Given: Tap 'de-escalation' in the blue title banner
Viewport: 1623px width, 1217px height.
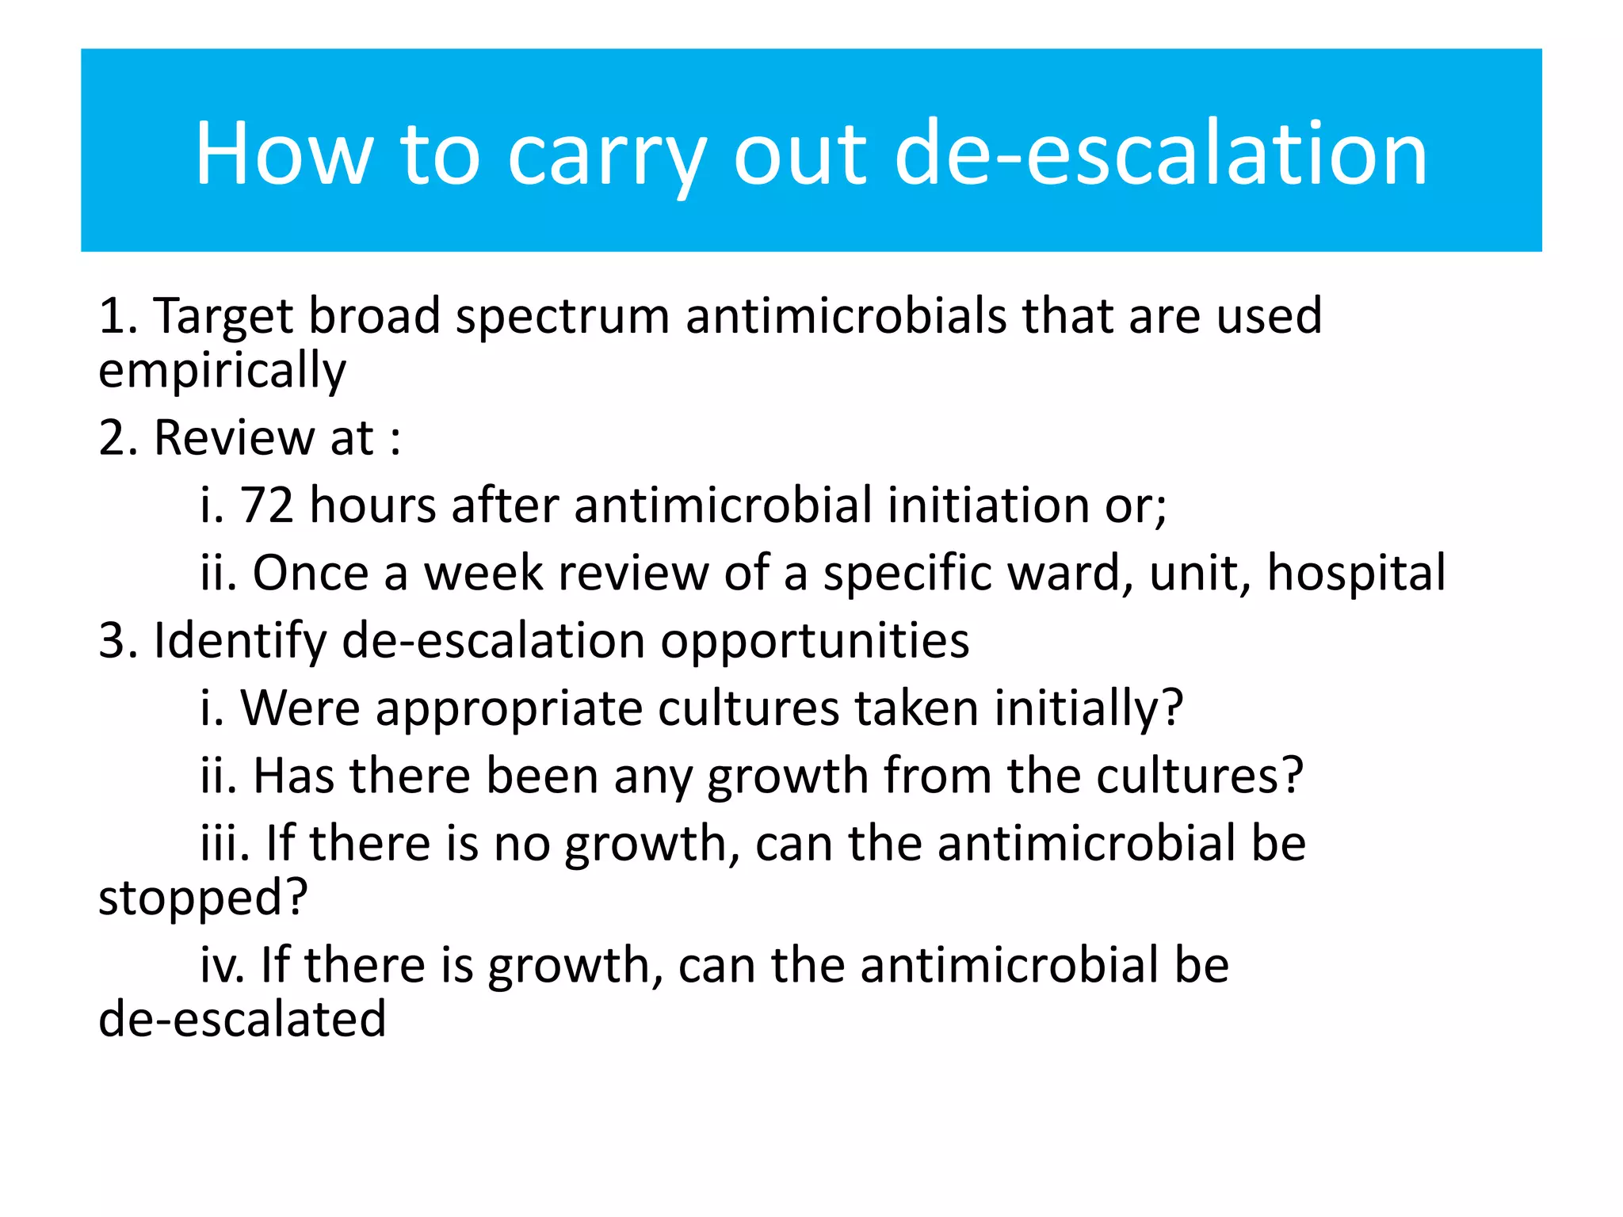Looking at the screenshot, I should (x=1161, y=153).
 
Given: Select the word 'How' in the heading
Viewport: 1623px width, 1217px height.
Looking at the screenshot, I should (x=284, y=153).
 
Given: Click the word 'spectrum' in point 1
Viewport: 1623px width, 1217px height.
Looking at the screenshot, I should (x=563, y=317).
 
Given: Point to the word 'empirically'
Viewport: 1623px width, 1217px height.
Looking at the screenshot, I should (x=222, y=371).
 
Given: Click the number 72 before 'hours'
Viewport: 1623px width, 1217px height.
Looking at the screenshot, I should (x=266, y=505).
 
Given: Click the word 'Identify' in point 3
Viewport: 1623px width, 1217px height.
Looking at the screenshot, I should (x=239, y=640).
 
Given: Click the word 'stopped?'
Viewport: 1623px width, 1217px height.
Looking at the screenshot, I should (x=203, y=898).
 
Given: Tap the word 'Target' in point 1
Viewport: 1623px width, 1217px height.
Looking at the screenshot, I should (x=223, y=315).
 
